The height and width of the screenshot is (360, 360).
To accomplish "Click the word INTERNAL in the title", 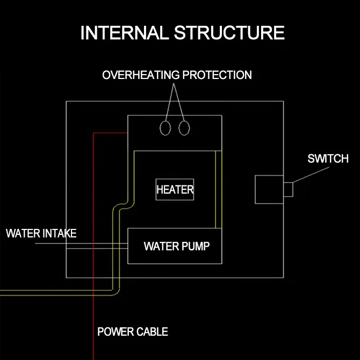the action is click(125, 33).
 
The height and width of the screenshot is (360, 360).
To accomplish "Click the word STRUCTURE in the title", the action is click(229, 33).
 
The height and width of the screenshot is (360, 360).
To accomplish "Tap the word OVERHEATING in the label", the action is click(141, 75).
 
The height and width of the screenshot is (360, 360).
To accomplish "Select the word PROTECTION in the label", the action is click(217, 75).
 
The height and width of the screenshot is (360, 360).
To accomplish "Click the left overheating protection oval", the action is click(160, 128).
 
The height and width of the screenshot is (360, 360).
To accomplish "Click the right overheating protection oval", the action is click(179, 128).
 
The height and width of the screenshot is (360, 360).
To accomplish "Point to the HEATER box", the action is click(175, 190).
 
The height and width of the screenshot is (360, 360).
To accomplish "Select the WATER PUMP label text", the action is click(177, 246).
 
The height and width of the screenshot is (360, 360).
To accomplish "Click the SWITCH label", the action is click(328, 159).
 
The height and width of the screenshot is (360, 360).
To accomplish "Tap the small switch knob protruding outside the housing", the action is click(288, 190).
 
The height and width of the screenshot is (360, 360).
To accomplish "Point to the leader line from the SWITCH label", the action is click(311, 175).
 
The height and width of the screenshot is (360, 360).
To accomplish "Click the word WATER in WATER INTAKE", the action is click(23, 234).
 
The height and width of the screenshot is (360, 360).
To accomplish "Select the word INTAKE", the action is click(60, 234).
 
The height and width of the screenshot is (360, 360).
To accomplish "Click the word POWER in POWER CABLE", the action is click(116, 332).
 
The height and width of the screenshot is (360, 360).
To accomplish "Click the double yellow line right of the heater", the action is click(219, 190).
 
